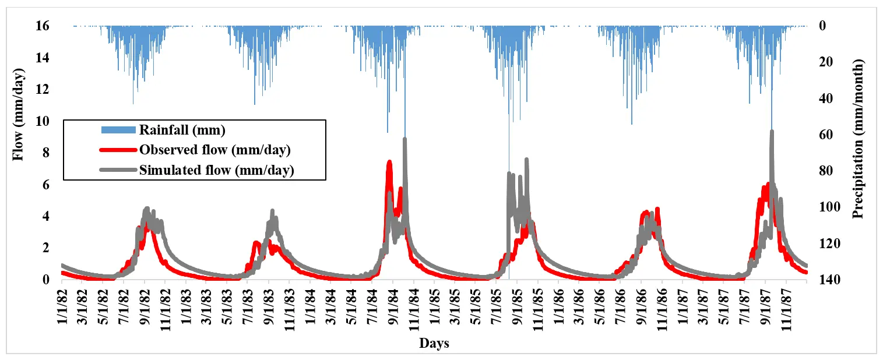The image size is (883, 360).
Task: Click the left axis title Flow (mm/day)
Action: (18, 115)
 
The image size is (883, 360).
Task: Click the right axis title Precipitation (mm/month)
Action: (858, 139)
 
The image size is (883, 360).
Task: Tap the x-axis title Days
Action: (434, 343)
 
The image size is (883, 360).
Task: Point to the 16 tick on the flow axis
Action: (43, 26)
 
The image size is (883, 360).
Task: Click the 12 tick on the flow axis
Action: (43, 89)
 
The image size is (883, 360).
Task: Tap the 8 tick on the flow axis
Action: (46, 153)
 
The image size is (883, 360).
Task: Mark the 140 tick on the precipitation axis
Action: (829, 279)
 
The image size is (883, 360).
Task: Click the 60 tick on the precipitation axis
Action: (826, 135)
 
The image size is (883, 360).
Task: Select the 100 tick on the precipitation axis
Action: (829, 207)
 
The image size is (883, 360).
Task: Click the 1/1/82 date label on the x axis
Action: (62, 307)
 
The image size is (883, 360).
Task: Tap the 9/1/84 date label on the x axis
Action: (393, 307)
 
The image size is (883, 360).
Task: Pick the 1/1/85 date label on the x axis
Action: (435, 307)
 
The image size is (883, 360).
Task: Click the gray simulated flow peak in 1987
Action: (772, 131)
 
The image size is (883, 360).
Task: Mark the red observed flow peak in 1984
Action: (389, 162)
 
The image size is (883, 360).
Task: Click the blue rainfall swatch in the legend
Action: (118, 130)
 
